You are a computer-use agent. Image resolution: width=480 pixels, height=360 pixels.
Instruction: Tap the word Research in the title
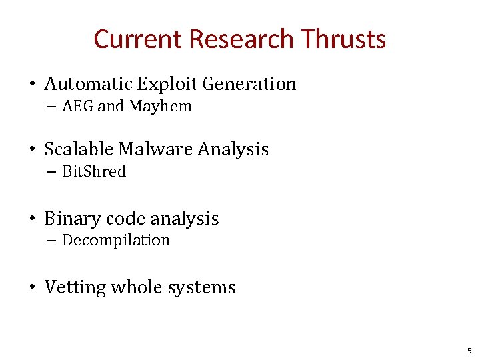coord(241,39)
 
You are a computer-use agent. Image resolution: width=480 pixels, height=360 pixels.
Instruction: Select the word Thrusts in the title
coord(343,39)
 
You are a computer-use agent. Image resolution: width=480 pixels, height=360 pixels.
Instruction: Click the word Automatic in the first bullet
coord(88,84)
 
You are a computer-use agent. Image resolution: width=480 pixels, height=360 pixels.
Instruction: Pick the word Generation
coord(249,84)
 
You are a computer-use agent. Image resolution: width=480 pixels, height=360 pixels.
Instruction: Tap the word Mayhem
coord(161,107)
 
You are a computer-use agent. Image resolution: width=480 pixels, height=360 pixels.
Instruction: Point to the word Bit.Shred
coord(94,172)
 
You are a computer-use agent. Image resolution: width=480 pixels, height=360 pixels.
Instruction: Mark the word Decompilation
coord(116,241)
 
